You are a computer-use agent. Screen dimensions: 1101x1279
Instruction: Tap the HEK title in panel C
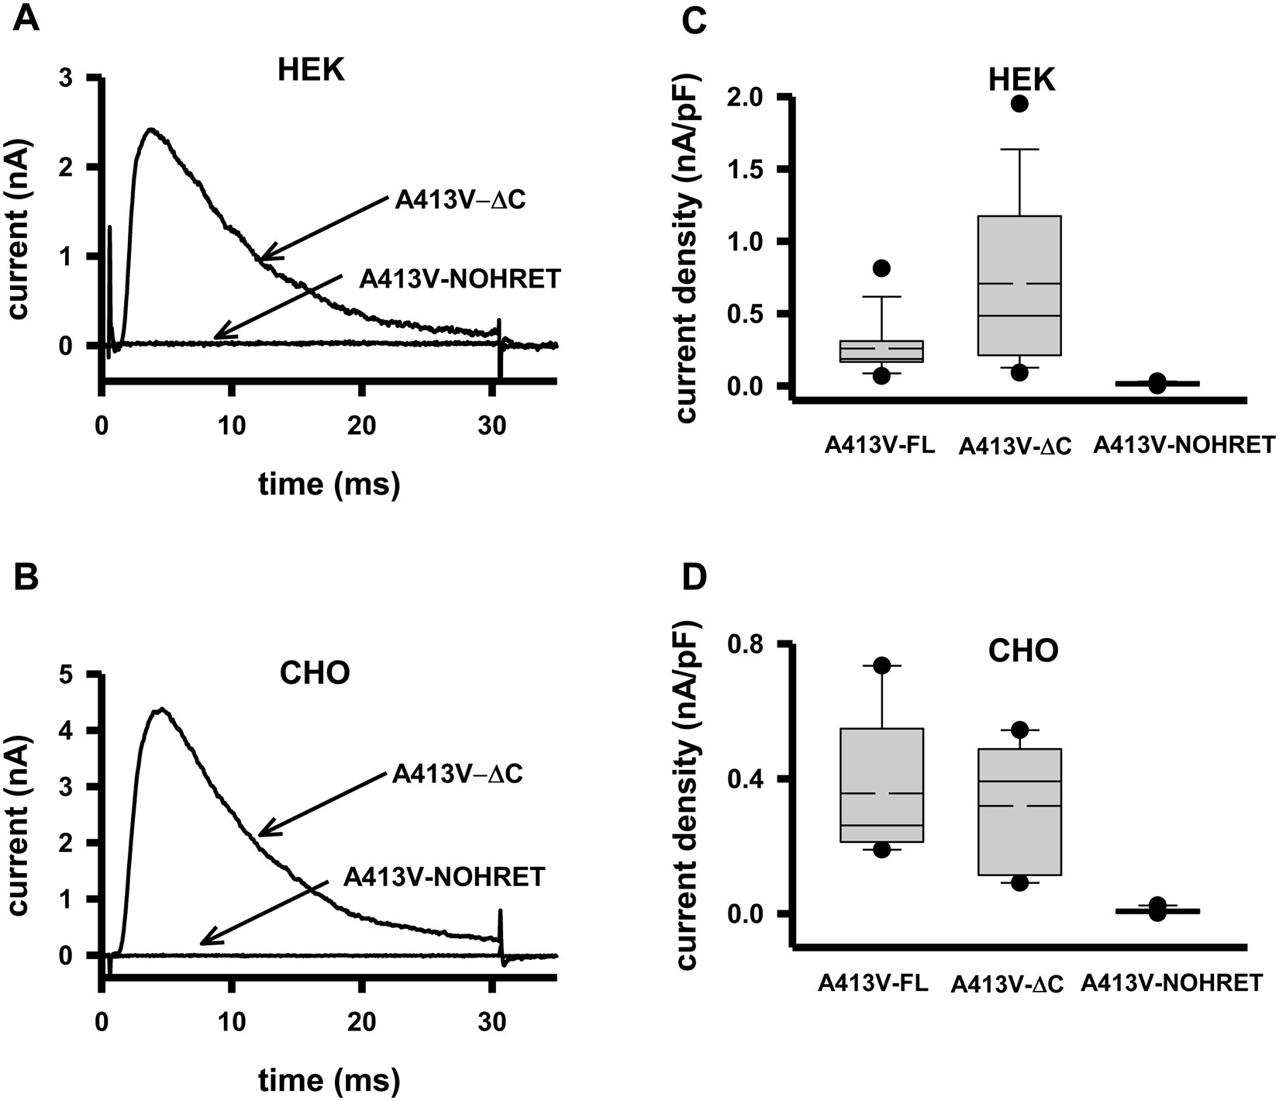(1022, 80)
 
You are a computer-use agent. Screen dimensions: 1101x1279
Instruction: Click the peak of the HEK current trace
(151, 129)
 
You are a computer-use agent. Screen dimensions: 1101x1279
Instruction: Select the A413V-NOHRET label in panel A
(460, 279)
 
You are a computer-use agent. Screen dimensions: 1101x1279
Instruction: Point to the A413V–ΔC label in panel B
(457, 774)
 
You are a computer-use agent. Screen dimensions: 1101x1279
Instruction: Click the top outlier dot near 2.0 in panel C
(1019, 104)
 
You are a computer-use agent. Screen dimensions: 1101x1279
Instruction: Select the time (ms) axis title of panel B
(329, 1079)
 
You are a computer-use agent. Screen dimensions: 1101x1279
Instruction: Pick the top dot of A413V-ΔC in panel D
(1019, 730)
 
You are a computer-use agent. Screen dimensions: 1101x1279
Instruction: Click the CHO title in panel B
(314, 672)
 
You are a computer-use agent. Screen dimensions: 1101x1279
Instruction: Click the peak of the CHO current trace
(160, 709)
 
